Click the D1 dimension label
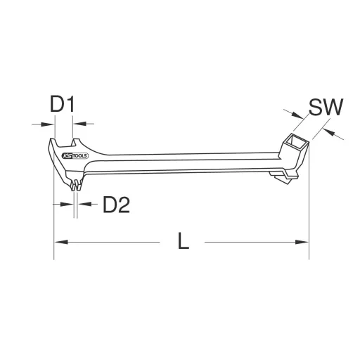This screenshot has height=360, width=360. point(63,105)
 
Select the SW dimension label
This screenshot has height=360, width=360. point(325,108)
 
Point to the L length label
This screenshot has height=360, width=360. point(183,242)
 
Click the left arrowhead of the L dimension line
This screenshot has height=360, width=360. point(60,243)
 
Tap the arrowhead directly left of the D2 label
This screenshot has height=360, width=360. point(84,204)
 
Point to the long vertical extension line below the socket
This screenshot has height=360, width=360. point(308,204)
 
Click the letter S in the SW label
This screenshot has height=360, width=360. point(316,108)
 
